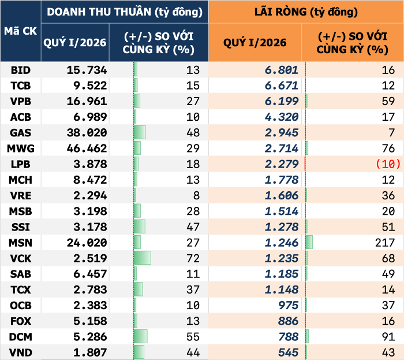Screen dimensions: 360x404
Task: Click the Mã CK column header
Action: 20,31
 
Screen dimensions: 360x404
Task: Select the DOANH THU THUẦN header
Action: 125,12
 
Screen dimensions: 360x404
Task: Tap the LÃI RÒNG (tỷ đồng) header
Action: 306,12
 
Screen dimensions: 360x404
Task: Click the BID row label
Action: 20,70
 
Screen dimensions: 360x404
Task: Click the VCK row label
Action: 20,258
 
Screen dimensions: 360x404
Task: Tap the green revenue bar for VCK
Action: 142,258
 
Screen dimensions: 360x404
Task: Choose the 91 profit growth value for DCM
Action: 388,336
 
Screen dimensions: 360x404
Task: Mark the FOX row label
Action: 20,321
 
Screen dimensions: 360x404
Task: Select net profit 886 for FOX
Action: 288,321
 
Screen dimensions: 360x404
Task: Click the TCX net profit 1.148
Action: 282,289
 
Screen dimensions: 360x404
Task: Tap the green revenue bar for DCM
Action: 140,336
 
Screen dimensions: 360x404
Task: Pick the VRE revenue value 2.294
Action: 89,195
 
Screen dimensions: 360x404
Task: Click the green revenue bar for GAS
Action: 139,133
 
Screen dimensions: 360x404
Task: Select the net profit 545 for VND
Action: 288,352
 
